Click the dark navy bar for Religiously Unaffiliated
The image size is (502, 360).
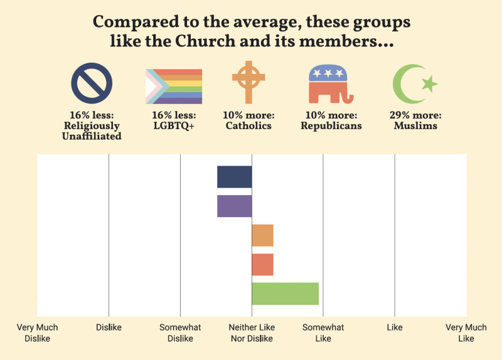tap(234, 177)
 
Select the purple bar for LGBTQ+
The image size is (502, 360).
tap(234, 206)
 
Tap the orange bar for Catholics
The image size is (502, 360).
tap(262, 235)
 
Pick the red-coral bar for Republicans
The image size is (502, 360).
tap(262, 265)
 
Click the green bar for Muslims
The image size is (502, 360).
tap(285, 294)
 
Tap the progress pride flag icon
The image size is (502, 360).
tap(174, 86)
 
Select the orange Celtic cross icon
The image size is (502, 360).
tap(248, 83)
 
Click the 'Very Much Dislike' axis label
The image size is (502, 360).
tap(37, 333)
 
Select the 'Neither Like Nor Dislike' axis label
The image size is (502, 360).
tap(252, 333)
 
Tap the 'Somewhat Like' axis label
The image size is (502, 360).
tap(323, 333)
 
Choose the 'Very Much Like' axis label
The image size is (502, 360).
tap(466, 333)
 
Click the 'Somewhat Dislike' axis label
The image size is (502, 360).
tap(180, 333)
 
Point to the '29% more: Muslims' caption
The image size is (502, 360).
tap(414, 120)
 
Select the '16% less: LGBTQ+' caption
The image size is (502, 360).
tap(174, 120)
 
